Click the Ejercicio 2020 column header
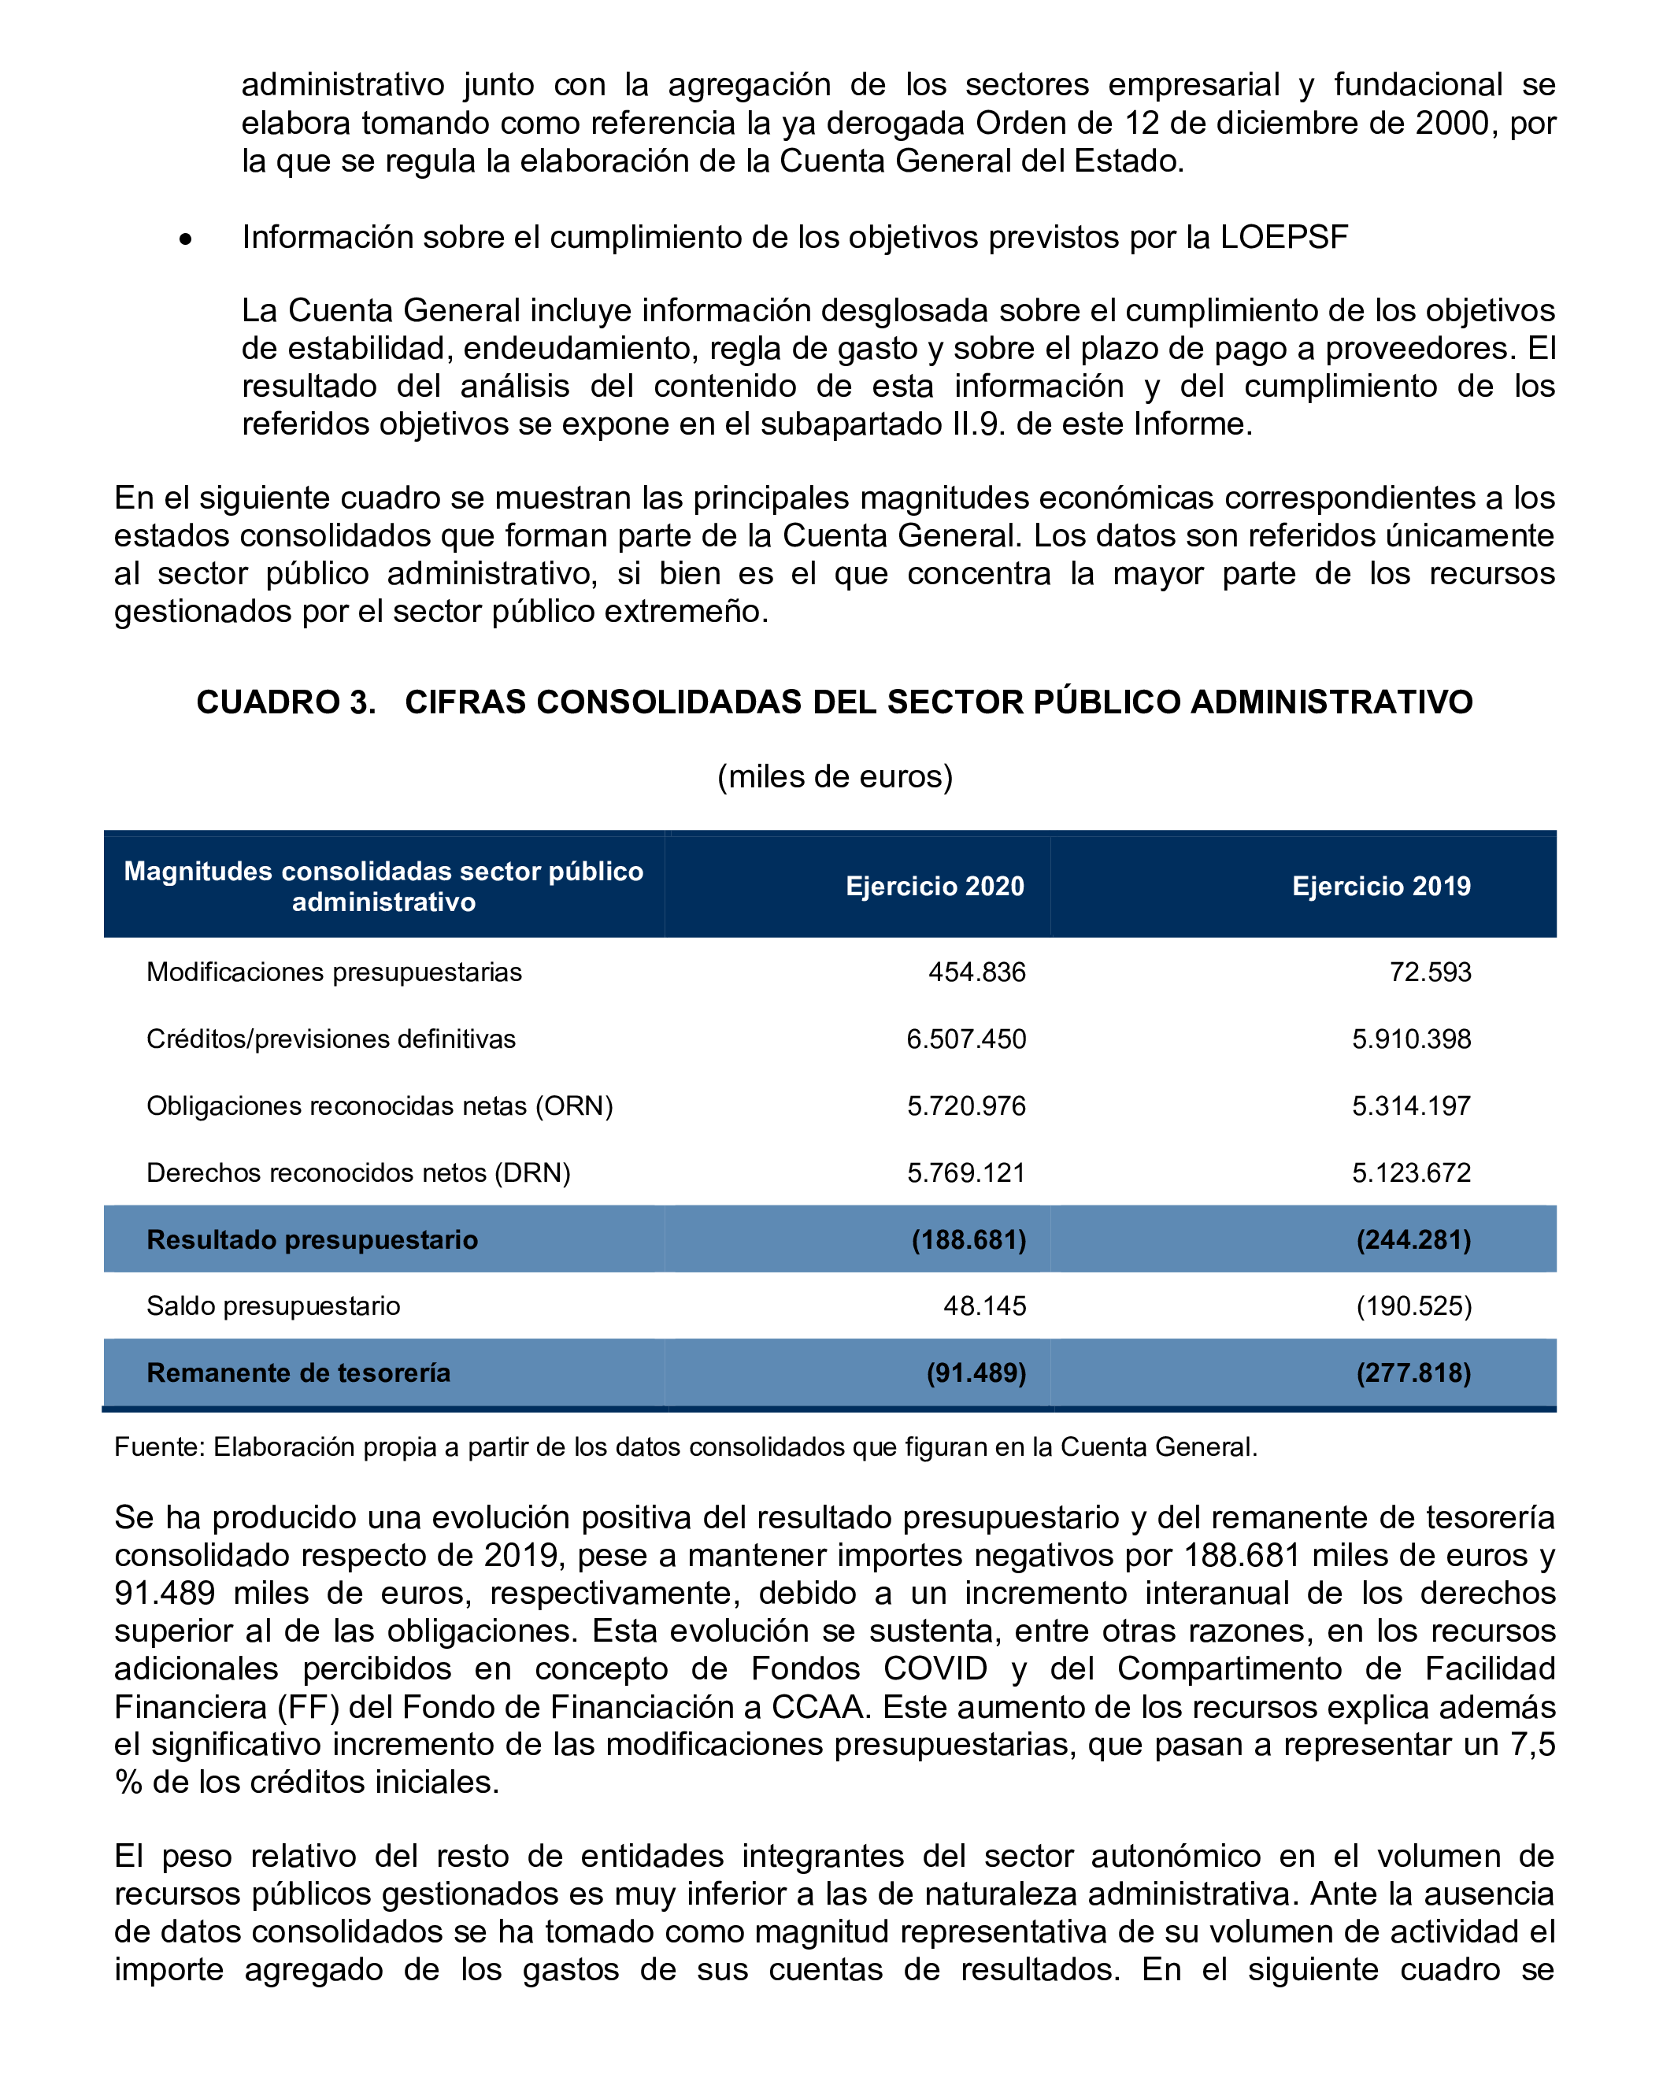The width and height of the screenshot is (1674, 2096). (x=934, y=886)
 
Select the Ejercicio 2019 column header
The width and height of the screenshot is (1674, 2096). (x=1380, y=886)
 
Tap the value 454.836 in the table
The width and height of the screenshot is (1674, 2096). (x=976, y=972)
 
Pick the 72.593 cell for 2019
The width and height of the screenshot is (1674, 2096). (x=1429, y=972)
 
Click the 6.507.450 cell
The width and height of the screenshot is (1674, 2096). (x=965, y=1039)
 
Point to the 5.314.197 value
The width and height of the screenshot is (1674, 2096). (x=1410, y=1105)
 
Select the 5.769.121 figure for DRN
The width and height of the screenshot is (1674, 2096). (x=965, y=1172)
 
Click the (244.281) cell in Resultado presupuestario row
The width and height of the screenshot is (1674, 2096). (x=1413, y=1239)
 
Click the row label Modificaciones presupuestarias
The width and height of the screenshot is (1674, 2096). (x=333, y=972)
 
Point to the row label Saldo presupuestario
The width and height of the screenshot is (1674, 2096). (x=273, y=1305)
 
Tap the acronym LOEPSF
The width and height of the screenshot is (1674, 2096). (x=1283, y=237)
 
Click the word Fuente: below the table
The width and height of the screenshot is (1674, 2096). (x=159, y=1446)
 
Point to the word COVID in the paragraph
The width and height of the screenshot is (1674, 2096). (x=934, y=1668)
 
